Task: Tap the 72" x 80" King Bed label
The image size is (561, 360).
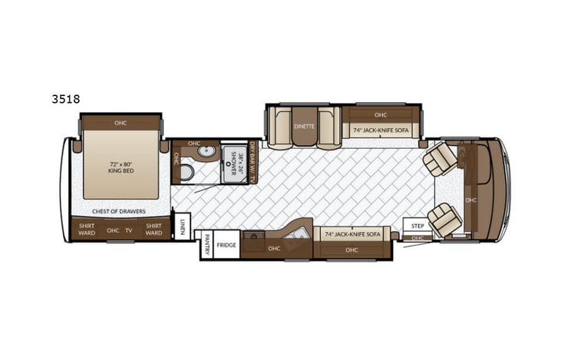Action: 120,167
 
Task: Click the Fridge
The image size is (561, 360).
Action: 226,246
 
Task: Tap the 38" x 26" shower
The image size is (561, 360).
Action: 231,162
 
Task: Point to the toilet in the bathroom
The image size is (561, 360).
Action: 184,173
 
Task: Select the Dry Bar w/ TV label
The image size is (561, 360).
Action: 252,163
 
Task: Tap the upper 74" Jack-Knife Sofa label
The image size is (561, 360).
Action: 381,131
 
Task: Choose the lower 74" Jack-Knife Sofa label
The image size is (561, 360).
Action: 352,233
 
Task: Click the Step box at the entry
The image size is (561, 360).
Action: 417,226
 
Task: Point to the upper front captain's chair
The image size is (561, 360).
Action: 441,159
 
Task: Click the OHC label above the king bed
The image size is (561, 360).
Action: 120,123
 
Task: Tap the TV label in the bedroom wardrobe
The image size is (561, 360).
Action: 130,230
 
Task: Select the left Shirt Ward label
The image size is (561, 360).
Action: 87,230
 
